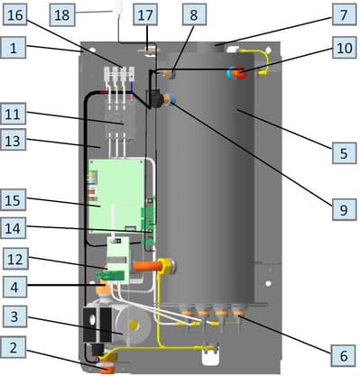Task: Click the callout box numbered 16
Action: pyautogui.click(x=14, y=15)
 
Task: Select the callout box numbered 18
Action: pyautogui.click(x=62, y=15)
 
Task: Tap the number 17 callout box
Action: pyautogui.click(x=145, y=14)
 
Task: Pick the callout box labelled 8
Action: pyautogui.click(x=194, y=14)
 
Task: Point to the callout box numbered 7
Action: pyautogui.click(x=344, y=14)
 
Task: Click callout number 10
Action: pyautogui.click(x=344, y=47)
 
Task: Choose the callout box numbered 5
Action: pyautogui.click(x=344, y=153)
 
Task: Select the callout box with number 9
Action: pyautogui.click(x=344, y=209)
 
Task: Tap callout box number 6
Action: pyautogui.click(x=343, y=355)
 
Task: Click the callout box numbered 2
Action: pyautogui.click(x=14, y=347)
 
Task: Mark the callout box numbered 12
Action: pyautogui.click(x=15, y=259)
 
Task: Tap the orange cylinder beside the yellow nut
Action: pyautogui.click(x=145, y=266)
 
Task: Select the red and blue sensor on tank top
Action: pyautogui.click(x=236, y=72)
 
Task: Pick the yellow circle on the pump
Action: pyautogui.click(x=134, y=325)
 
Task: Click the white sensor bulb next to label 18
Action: pyautogui.click(x=118, y=7)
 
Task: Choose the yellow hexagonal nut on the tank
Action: pyautogui.click(x=166, y=266)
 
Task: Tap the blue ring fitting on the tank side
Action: pyautogui.click(x=172, y=99)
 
